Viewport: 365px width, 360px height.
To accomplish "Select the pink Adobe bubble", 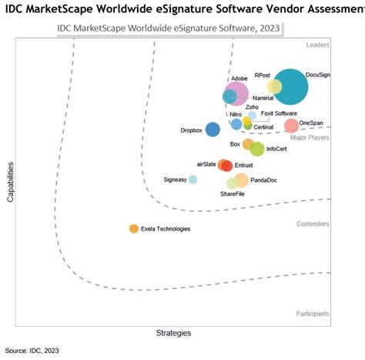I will pyautogui.click(x=236, y=94).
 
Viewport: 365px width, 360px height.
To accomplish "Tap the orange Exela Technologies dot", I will pyautogui.click(x=134, y=228).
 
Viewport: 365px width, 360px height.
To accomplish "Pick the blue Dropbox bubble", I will pyautogui.click(x=213, y=130).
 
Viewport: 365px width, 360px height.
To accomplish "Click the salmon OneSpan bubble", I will pyautogui.click(x=291, y=126).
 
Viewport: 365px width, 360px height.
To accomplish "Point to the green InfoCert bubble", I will pyautogui.click(x=257, y=149).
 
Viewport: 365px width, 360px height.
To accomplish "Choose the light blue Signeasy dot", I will pyautogui.click(x=193, y=180).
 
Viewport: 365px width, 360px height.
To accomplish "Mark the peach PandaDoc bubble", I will pyautogui.click(x=241, y=180).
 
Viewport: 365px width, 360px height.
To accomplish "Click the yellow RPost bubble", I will pyautogui.click(x=274, y=86).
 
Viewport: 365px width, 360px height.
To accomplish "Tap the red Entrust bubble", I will pyautogui.click(x=227, y=165).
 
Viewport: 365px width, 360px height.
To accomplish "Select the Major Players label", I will pyautogui.click(x=310, y=137).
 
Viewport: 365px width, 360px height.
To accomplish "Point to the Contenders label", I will pyautogui.click(x=313, y=224).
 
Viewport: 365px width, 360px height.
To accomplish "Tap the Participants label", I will pyautogui.click(x=313, y=314).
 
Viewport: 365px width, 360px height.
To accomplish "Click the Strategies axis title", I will pyautogui.click(x=173, y=333).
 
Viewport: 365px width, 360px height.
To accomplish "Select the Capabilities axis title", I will pyautogui.click(x=12, y=182).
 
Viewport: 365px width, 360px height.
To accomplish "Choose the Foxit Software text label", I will pyautogui.click(x=279, y=113).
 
